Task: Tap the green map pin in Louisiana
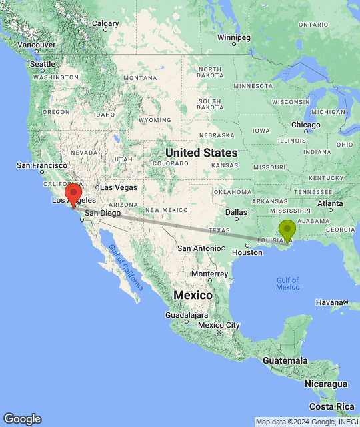tap(287, 230)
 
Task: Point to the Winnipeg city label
tap(233, 37)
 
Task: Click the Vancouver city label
tap(37, 45)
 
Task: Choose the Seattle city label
tap(42, 64)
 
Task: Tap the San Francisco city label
tap(41, 165)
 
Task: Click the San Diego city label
tap(102, 213)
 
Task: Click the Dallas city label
tap(236, 212)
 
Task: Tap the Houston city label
tap(247, 252)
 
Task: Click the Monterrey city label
tap(209, 274)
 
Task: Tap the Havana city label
tap(329, 302)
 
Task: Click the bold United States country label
tap(201, 153)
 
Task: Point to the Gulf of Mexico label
tap(287, 283)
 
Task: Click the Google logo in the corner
tap(22, 419)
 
